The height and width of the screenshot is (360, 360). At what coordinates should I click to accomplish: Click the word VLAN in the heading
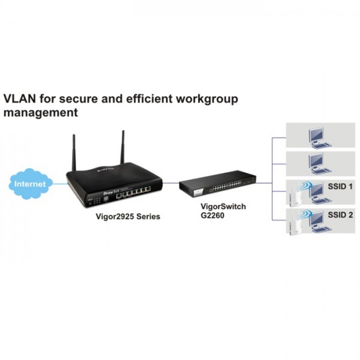click(20, 99)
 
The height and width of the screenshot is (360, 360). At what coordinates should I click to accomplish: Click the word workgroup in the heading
click(207, 100)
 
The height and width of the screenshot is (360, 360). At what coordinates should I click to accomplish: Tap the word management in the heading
click(41, 113)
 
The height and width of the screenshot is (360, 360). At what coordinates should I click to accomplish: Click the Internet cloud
click(31, 184)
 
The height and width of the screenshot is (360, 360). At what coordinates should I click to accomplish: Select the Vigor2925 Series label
click(128, 217)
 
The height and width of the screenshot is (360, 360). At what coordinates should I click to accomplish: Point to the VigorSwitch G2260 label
click(223, 211)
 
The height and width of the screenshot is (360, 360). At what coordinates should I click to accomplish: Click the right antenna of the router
click(123, 147)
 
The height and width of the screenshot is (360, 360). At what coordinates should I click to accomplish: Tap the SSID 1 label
click(340, 187)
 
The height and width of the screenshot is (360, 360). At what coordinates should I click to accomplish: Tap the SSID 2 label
click(340, 215)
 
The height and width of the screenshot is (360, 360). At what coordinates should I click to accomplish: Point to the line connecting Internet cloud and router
click(60, 184)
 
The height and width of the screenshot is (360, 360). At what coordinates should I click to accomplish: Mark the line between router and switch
click(171, 183)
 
